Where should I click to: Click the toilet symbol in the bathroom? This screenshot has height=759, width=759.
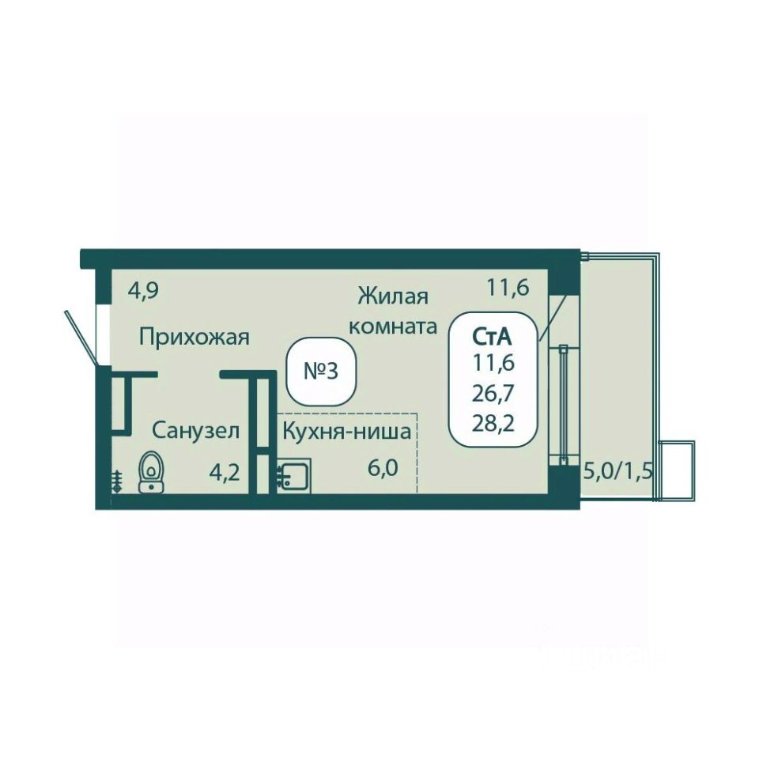pyautogui.click(x=152, y=473)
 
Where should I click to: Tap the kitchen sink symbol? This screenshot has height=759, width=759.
pyautogui.click(x=294, y=476)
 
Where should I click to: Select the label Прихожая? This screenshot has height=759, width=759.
pyautogui.click(x=194, y=338)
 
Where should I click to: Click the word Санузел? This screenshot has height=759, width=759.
pyautogui.click(x=196, y=430)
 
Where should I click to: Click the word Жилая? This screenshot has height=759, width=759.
pyautogui.click(x=393, y=296)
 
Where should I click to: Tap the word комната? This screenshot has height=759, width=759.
pyautogui.click(x=394, y=327)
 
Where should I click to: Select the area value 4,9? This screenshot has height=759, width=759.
pyautogui.click(x=143, y=292)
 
